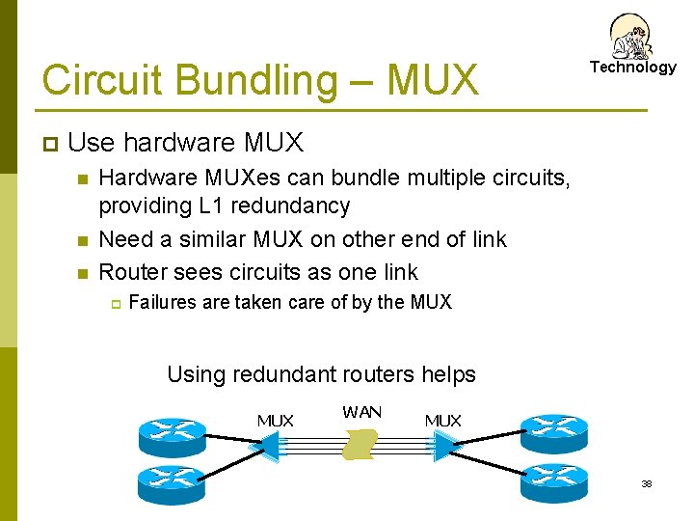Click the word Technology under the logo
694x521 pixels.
[633, 68]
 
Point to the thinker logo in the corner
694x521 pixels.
[631, 36]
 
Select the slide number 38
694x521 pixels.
[647, 483]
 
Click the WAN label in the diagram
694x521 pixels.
[361, 412]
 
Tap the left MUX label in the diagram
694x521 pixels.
[276, 420]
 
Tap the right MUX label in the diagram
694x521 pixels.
[443, 420]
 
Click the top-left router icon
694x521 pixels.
[172, 433]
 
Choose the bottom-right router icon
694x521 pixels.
[553, 478]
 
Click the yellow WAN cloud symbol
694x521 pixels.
[360, 445]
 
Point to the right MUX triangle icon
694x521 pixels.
[445, 445]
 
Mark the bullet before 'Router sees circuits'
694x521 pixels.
[83, 273]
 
